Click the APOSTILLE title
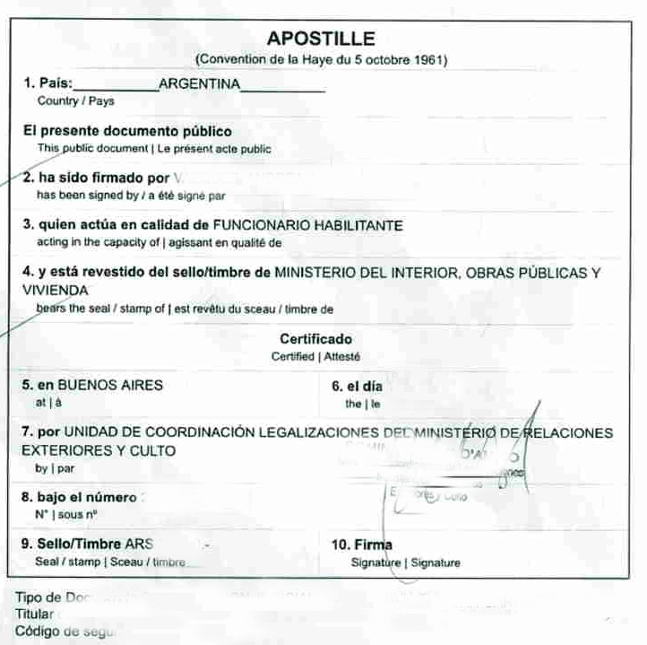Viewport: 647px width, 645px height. coord(321,39)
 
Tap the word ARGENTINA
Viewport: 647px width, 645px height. coord(199,83)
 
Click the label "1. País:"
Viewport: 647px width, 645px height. coord(48,83)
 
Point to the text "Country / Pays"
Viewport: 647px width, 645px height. coord(75,101)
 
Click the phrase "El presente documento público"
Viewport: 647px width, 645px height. coord(127,131)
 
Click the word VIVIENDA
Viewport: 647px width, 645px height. coord(55,291)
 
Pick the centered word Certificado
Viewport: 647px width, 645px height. coord(315,339)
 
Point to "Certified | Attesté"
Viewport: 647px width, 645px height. coord(315,356)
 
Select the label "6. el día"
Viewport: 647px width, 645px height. coord(357,387)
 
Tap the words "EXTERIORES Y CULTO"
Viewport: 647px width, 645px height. coord(99,450)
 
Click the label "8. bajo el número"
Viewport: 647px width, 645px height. coord(79,497)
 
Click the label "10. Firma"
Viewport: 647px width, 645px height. coord(362,545)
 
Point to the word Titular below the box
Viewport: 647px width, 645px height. coord(35,614)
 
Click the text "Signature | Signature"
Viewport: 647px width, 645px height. coord(405,563)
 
